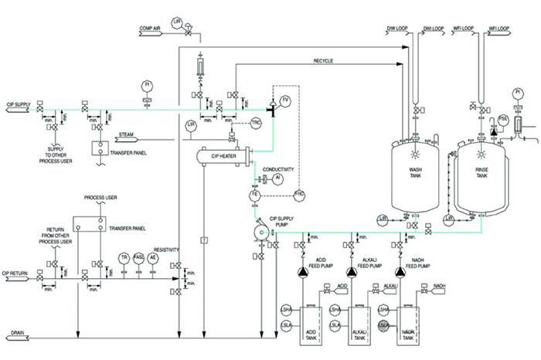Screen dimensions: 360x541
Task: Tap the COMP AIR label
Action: tap(150, 29)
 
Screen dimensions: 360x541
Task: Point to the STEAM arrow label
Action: tap(127, 135)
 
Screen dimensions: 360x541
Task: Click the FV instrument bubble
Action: tap(285, 100)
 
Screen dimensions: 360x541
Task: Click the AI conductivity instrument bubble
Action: tap(278, 178)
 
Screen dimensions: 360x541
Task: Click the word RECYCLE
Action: tap(324, 61)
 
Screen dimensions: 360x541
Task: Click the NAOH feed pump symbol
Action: tap(400, 271)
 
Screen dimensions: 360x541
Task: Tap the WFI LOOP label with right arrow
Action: tap(498, 29)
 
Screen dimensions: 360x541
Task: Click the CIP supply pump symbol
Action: tap(260, 229)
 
